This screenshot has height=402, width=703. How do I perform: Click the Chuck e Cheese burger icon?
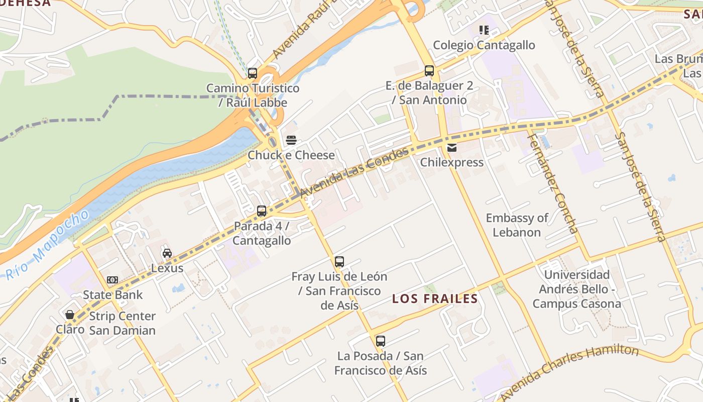[x=291, y=140]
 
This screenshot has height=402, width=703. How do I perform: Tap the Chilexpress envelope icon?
[x=452, y=147]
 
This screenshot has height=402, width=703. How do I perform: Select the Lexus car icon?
[x=167, y=253]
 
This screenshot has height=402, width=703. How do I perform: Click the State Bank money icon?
[x=112, y=280]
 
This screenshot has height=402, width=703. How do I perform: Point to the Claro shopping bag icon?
[x=70, y=315]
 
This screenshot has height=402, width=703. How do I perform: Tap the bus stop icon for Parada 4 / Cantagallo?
[x=262, y=211]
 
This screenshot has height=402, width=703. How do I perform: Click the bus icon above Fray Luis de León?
[x=339, y=262]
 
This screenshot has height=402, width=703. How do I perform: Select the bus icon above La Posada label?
[x=381, y=341]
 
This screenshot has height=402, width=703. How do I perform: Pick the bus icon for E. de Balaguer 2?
[x=429, y=71]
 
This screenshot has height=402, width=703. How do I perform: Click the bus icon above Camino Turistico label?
[x=253, y=73]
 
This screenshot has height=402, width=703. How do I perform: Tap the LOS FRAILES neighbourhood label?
[x=435, y=299]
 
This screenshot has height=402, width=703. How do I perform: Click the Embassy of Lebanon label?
[x=517, y=225]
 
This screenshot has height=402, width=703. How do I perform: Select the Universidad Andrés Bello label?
[x=577, y=289]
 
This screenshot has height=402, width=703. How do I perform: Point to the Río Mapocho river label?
[x=48, y=246]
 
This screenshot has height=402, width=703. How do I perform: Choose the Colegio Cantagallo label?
[x=484, y=45]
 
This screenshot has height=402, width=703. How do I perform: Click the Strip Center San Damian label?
[x=123, y=323]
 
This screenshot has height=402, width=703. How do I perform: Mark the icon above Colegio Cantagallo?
[x=484, y=30]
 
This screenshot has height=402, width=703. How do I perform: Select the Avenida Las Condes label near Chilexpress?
[x=356, y=172]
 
